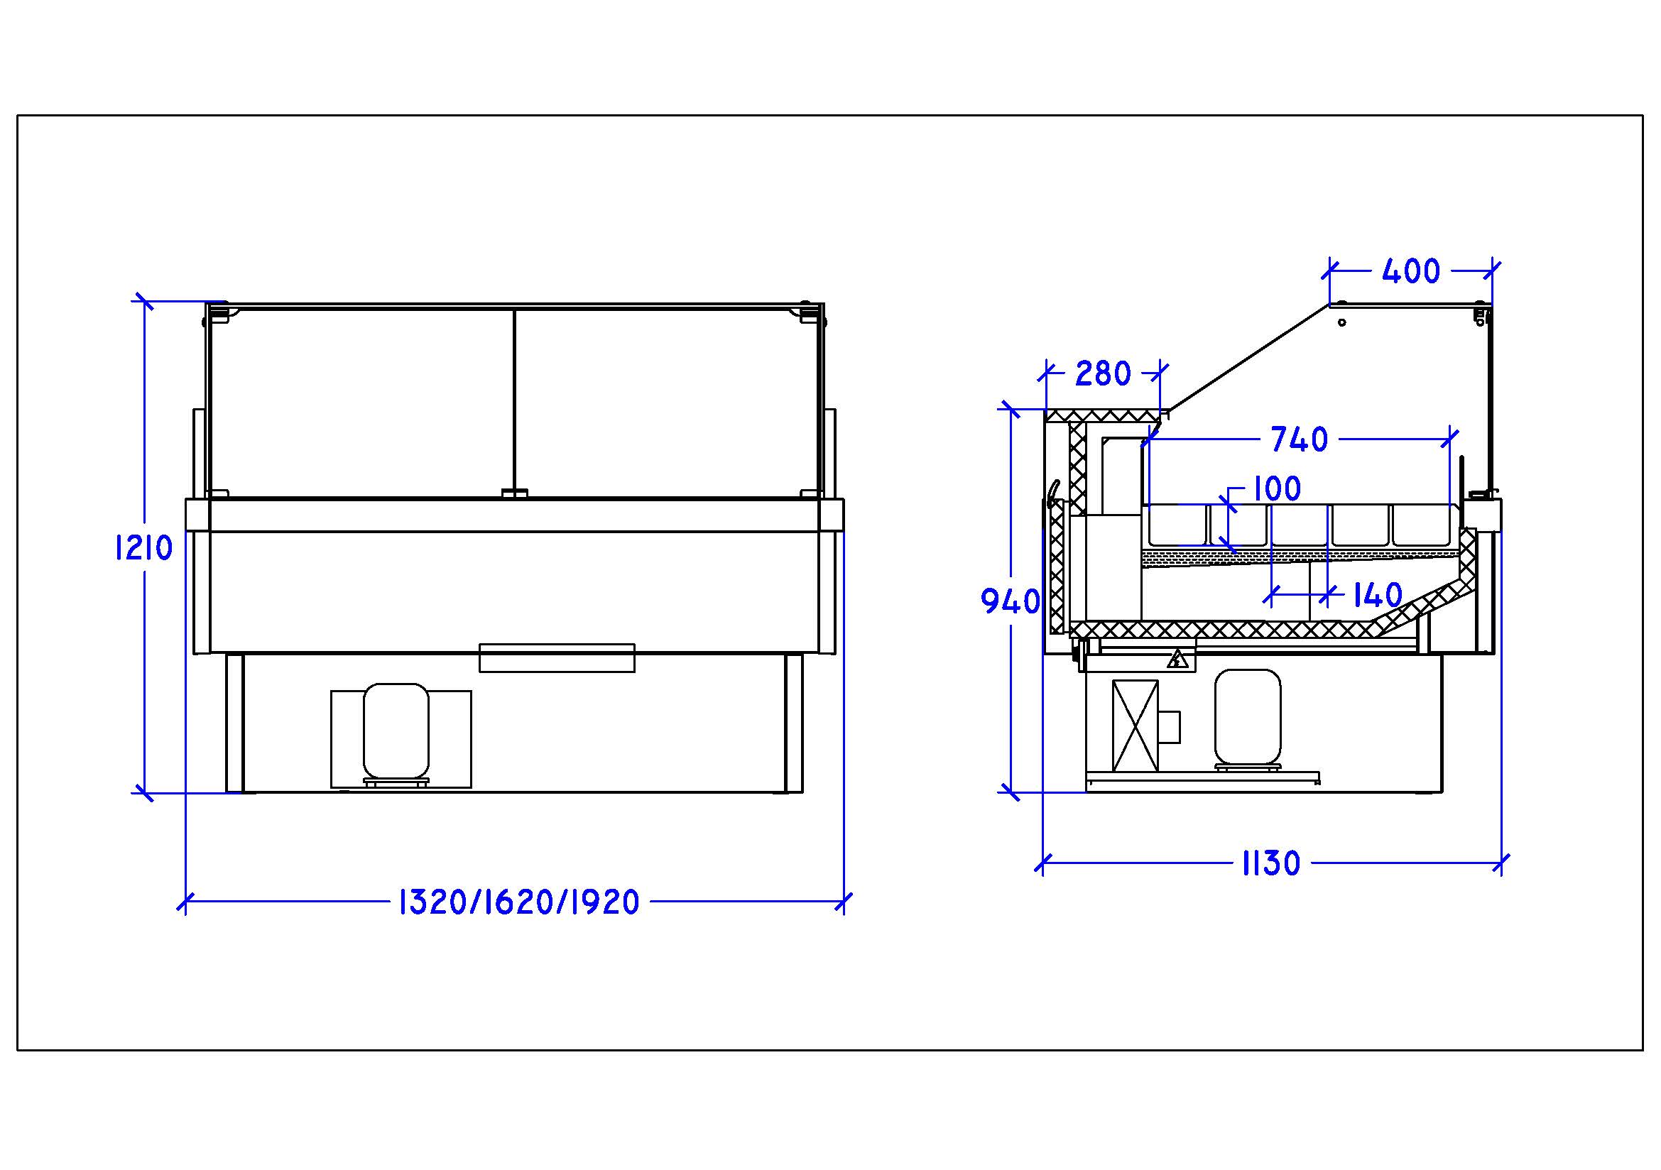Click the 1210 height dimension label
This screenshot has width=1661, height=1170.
coord(144,547)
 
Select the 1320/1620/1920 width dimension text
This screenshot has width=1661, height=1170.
coord(518,902)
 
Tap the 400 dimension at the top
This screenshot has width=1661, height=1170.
coord(1411,271)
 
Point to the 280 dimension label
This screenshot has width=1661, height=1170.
coord(1103,373)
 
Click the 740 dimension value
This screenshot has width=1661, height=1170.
coord(1300,439)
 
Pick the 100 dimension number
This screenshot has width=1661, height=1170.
coord(1277,489)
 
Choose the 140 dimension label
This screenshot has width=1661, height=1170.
coord(1377,596)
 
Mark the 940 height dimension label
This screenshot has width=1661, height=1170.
coord(1010,601)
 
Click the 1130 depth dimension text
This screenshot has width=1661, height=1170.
coord(1271,863)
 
